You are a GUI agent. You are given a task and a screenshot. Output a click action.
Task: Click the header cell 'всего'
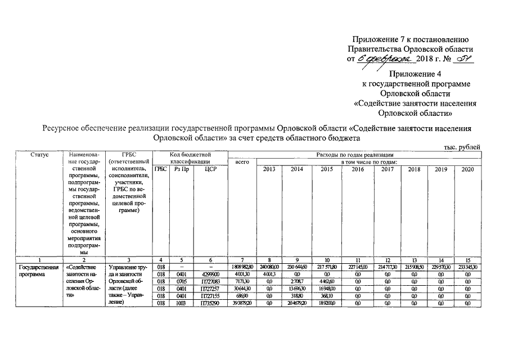click(242, 162)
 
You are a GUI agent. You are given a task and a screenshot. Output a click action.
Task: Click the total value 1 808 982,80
click(242, 267)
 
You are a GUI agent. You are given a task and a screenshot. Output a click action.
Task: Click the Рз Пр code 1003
click(181, 303)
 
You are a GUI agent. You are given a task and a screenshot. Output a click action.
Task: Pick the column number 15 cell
click(467, 259)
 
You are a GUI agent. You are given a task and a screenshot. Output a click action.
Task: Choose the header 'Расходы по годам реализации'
click(354, 155)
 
